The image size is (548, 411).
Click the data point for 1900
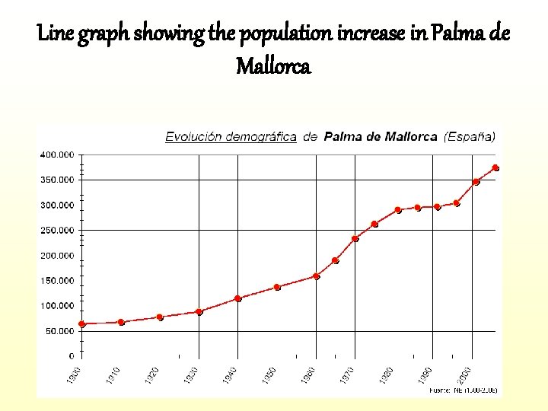[82, 323]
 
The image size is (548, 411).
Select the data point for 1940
[238, 298]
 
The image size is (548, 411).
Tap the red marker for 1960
[316, 276]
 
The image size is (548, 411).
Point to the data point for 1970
[355, 238]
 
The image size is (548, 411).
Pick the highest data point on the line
[495, 167]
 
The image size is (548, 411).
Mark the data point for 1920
[160, 317]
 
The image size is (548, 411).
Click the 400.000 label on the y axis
[57, 155]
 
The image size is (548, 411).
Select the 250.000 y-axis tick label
[57, 230]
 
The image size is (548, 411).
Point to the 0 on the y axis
[72, 356]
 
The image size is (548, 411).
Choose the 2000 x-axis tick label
[464, 375]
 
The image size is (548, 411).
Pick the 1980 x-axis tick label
[386, 375]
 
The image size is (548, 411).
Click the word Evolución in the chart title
[190, 137]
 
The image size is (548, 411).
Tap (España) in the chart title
[470, 137]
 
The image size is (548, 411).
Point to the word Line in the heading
[53, 34]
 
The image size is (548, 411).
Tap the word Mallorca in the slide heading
[273, 67]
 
